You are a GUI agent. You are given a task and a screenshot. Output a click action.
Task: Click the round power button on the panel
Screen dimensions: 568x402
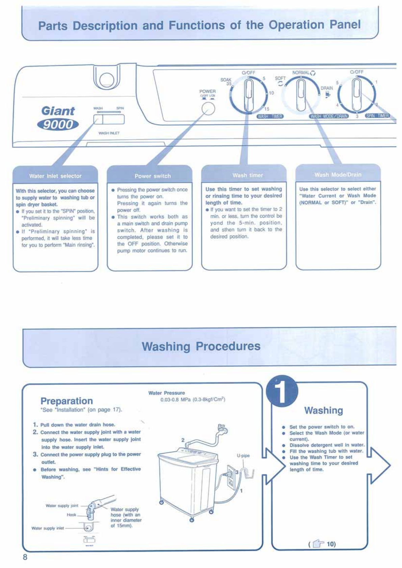coord(208,109)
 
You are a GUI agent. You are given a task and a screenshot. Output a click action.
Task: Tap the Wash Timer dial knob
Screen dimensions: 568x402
coord(249,94)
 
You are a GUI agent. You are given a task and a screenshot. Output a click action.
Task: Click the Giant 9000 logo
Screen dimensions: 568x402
coord(58,118)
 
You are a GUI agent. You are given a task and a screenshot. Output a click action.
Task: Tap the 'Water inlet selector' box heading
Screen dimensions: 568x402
coord(55,176)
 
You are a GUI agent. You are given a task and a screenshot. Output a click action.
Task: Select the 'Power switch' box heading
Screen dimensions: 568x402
coord(153,176)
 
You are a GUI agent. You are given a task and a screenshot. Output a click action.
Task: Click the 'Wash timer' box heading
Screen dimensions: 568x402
coord(248,175)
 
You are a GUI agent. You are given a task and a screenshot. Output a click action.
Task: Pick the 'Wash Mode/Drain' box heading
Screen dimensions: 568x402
coord(338,175)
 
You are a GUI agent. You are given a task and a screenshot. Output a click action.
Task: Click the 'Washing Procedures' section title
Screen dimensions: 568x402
coord(201,346)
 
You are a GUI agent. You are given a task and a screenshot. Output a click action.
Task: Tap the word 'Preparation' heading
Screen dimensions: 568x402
coord(67,401)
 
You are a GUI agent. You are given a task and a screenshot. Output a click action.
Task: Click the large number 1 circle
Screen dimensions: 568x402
coord(282,391)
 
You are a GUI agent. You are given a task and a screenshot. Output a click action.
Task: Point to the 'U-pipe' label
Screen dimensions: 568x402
coord(243,456)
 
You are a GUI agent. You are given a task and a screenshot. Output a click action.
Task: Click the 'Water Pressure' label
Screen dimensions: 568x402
coord(167,393)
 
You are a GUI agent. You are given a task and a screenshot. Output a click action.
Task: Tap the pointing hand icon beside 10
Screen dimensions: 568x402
coord(318,544)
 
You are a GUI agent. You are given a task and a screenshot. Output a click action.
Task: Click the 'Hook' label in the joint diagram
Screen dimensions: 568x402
coord(71,515)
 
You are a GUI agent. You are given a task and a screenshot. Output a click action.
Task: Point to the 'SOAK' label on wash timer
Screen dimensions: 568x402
coord(226,80)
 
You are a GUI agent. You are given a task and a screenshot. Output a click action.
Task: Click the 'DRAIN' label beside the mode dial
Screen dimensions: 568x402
coord(327,88)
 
